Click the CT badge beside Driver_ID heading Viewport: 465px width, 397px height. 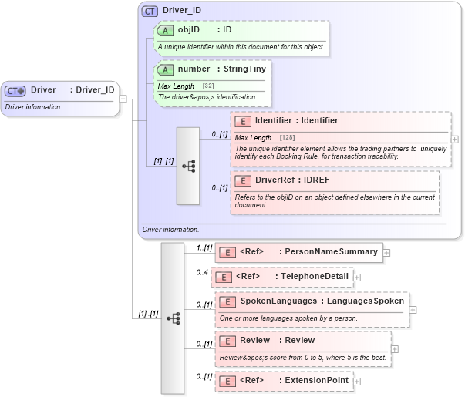tap(150, 12)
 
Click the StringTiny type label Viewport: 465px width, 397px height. tap(241, 69)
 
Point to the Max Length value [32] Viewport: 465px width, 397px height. tap(208, 86)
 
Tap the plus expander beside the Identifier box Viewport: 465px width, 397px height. tap(455, 140)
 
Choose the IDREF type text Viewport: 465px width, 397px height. tap(318, 180)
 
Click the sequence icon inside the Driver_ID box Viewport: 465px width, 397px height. tap(189, 166)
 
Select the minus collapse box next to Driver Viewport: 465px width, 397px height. tap(123, 99)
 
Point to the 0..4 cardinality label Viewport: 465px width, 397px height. tap(202, 272)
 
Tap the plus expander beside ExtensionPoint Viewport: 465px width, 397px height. tap(357, 381)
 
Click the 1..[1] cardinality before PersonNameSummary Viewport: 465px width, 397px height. tap(204, 247)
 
